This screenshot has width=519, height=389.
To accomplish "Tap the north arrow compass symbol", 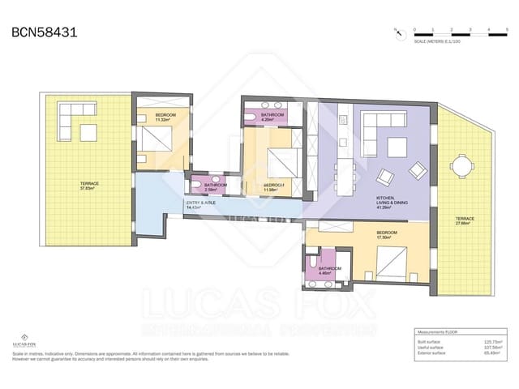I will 397,32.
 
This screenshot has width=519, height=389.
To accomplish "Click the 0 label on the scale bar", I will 414,29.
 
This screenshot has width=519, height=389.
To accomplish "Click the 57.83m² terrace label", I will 90,186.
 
